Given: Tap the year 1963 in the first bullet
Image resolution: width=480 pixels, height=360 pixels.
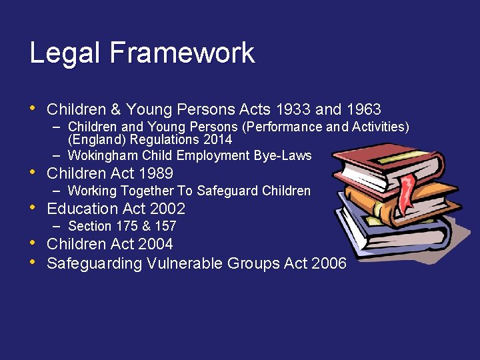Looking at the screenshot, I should pyautogui.click(x=364, y=109).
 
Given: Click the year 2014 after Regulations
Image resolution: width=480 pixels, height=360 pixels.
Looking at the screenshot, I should pyautogui.click(x=219, y=140).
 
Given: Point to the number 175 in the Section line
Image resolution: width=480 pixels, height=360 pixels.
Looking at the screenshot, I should pyautogui.click(x=121, y=227).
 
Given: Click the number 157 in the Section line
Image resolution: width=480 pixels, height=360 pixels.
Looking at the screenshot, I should pyautogui.click(x=165, y=227).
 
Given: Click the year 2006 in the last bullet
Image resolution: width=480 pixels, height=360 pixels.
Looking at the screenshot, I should pyautogui.click(x=329, y=263).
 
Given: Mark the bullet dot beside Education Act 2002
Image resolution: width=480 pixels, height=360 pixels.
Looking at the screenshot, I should pyautogui.click(x=34, y=208).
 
